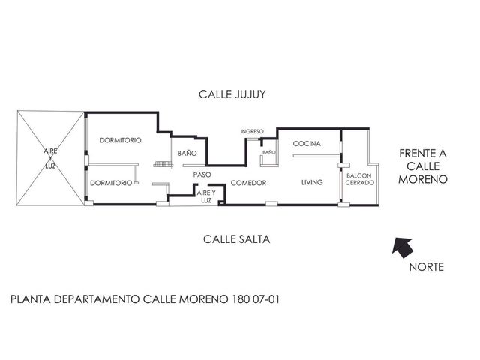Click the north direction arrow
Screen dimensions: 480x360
point(403,247)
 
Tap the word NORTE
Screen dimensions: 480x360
point(427,267)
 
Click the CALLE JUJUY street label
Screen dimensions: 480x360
point(232,94)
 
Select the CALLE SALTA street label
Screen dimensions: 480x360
point(237,239)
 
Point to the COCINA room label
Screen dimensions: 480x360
point(307,143)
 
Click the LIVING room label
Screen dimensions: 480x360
point(312,182)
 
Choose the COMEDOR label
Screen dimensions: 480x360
point(248,183)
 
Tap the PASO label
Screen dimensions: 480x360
point(202,175)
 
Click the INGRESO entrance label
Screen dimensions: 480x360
point(252,132)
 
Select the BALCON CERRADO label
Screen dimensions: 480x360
point(360,179)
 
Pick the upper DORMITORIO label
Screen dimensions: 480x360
point(120,140)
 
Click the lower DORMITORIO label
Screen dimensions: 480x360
point(111,183)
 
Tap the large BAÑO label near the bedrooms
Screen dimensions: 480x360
point(187,153)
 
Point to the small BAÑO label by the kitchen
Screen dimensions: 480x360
point(269,152)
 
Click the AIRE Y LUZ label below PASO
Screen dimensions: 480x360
point(206,196)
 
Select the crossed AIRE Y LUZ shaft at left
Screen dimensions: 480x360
point(50,158)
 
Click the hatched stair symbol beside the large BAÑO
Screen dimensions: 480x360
point(163,164)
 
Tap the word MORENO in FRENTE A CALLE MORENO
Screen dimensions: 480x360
point(423,179)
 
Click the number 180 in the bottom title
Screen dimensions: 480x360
point(241,298)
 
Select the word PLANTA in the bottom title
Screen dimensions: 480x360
point(31,299)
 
